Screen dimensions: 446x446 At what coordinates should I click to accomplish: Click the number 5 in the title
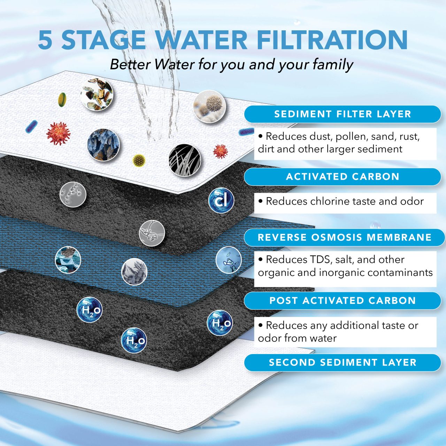[45, 40]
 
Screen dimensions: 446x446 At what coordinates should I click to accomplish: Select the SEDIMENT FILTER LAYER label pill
[343, 114]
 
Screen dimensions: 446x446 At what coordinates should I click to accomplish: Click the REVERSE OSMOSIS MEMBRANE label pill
[344, 238]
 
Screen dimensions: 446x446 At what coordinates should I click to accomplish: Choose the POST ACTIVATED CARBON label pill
[343, 301]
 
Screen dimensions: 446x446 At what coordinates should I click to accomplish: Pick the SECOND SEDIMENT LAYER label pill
[343, 362]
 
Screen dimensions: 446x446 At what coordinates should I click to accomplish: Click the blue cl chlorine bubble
[221, 201]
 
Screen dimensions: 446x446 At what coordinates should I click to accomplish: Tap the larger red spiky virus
[58, 133]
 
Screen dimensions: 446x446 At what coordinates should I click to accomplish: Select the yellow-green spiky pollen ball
[139, 160]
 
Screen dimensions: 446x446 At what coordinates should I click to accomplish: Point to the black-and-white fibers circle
[185, 160]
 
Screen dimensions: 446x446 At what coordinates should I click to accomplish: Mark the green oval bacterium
[62, 99]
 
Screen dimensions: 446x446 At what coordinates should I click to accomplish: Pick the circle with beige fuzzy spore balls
[209, 106]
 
